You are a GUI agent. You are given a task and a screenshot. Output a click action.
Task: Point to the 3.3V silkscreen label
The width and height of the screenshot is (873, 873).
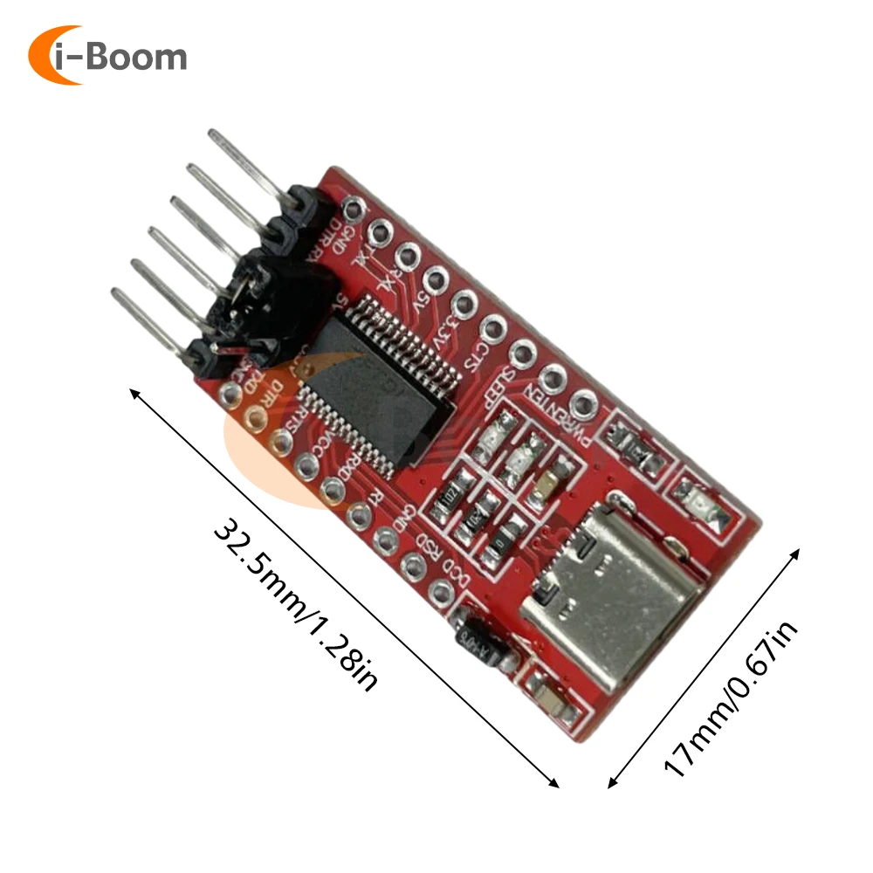tap(444, 327)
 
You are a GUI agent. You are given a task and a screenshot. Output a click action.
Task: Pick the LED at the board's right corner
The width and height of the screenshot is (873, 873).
tap(704, 506)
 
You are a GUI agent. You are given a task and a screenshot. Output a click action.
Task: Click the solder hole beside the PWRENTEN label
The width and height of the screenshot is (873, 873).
tap(582, 403)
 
